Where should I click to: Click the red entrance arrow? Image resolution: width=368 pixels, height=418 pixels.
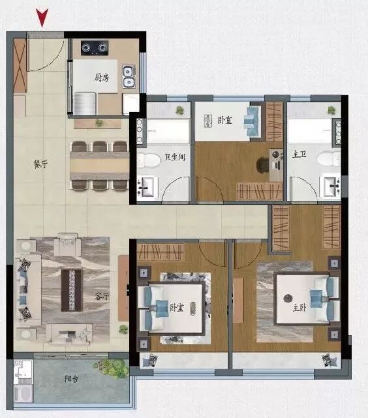click(42, 18)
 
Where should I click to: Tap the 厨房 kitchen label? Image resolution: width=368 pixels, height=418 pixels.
click(100, 78)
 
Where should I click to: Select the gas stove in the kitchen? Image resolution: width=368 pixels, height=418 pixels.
click(95, 48)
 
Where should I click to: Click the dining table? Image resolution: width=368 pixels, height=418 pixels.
click(99, 166)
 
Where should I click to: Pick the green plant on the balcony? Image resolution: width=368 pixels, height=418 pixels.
click(115, 369)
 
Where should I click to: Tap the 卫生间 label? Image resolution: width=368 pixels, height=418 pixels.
click(175, 157)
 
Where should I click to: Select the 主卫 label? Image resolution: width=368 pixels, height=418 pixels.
click(299, 155)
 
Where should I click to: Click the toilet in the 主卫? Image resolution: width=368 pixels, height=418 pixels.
click(331, 158)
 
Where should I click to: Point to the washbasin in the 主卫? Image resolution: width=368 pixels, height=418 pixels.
click(331, 187)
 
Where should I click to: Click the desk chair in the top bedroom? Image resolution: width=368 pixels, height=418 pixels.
click(263, 165)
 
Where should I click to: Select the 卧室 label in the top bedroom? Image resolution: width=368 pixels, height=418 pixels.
click(224, 120)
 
